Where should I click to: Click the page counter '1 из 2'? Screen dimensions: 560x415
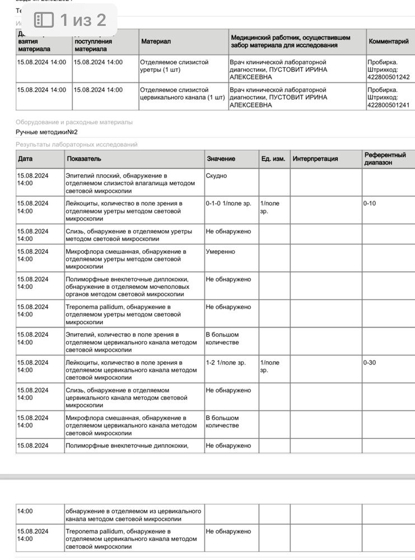coord(83,21)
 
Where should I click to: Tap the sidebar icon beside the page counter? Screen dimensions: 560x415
coord(44,21)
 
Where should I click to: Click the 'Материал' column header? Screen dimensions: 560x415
coord(156,41)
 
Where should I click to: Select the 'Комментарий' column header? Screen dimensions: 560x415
coord(388,41)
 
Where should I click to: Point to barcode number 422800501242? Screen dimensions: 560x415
coord(388,77)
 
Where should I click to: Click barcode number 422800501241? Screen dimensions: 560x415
coord(388,105)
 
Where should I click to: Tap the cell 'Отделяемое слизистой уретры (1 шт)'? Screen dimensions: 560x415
coord(174,66)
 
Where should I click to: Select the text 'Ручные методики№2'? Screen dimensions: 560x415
coord(46,132)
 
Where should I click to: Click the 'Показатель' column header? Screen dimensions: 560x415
coord(84,159)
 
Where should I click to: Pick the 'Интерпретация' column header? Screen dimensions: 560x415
coord(315,159)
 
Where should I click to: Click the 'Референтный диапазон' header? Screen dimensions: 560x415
coord(385,159)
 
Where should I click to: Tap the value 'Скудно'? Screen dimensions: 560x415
coord(216,176)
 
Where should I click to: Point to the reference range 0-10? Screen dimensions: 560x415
coord(370,203)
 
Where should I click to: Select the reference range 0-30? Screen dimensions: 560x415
coord(370,363)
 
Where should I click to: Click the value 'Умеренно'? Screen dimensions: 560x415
coord(221,252)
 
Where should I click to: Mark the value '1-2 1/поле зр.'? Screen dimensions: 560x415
coord(226,363)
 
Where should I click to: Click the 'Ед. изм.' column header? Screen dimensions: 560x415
coord(273,159)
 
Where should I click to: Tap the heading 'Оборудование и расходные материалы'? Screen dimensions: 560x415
coord(74,122)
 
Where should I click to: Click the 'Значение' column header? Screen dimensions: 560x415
coord(221,159)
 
